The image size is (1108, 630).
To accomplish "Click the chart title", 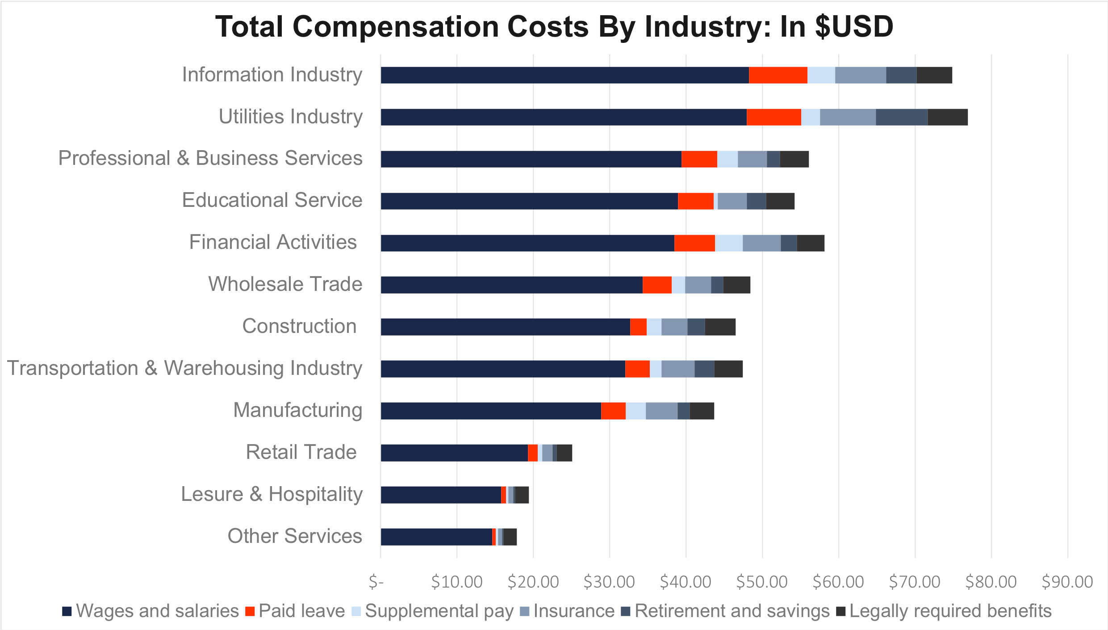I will pyautogui.click(x=554, y=27).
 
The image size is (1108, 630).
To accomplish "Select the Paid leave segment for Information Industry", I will pyautogui.click(x=778, y=75).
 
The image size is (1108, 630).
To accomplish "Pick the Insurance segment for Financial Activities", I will pyautogui.click(x=761, y=243).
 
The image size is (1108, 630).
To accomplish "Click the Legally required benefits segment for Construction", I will pyautogui.click(x=720, y=327).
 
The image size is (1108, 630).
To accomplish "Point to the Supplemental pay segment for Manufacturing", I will pyautogui.click(x=636, y=411).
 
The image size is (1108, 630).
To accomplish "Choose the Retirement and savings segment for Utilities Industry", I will pyautogui.click(x=901, y=117).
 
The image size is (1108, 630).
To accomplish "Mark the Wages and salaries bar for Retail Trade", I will pyautogui.click(x=454, y=453).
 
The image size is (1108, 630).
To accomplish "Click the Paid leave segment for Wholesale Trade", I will pyautogui.click(x=657, y=285).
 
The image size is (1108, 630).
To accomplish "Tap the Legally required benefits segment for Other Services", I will pyautogui.click(x=510, y=537).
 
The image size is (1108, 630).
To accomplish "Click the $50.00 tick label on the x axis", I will pyautogui.click(x=762, y=582).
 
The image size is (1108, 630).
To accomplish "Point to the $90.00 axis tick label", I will pyautogui.click(x=1067, y=582).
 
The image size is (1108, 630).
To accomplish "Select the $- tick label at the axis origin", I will pyautogui.click(x=376, y=582).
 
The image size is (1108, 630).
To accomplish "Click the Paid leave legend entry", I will pyautogui.click(x=301, y=611).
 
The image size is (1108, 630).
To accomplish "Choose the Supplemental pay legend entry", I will pyautogui.click(x=439, y=611).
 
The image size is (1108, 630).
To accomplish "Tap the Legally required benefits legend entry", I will pyautogui.click(x=950, y=611).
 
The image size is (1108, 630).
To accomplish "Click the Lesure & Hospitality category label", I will pyautogui.click(x=272, y=494).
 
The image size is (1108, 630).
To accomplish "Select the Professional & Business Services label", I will pyautogui.click(x=210, y=158).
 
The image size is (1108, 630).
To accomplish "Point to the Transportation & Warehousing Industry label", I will pyautogui.click(x=184, y=368).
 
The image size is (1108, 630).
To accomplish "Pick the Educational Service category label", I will pyautogui.click(x=272, y=200).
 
